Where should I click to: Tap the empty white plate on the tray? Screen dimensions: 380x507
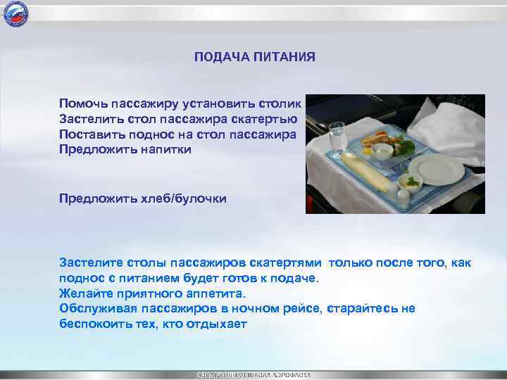437,169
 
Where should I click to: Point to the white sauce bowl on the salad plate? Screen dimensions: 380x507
382,149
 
